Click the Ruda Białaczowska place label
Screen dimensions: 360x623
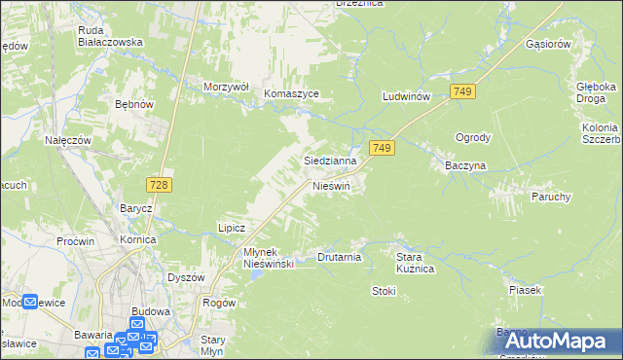coord(111,36)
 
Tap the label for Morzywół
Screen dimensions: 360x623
coord(227,87)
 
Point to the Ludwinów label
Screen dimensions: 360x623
coord(407,97)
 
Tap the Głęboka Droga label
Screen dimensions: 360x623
coord(595,91)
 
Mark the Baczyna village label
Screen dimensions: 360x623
coord(465,166)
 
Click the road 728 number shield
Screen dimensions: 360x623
coord(162,185)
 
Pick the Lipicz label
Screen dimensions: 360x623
coord(231,228)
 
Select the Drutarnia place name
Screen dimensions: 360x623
coord(340,258)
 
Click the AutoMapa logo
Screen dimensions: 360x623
coord(556,340)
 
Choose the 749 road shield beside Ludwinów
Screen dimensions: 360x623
coord(463,90)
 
